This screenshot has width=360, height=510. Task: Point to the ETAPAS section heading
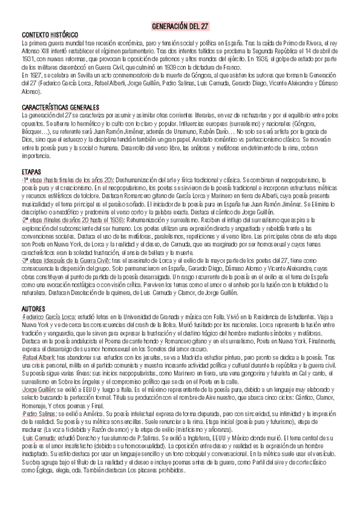click(x=30, y=172)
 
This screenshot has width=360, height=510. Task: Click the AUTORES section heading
click(x=33, y=307)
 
